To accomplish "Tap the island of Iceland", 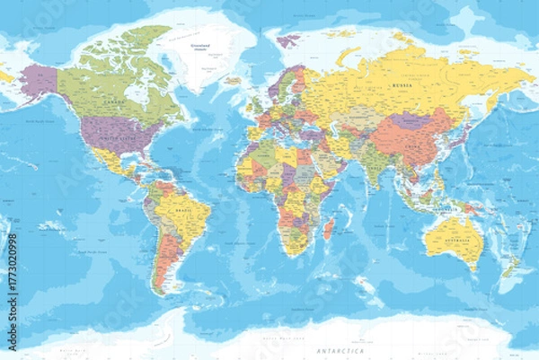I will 233,81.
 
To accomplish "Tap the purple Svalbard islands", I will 288,40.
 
